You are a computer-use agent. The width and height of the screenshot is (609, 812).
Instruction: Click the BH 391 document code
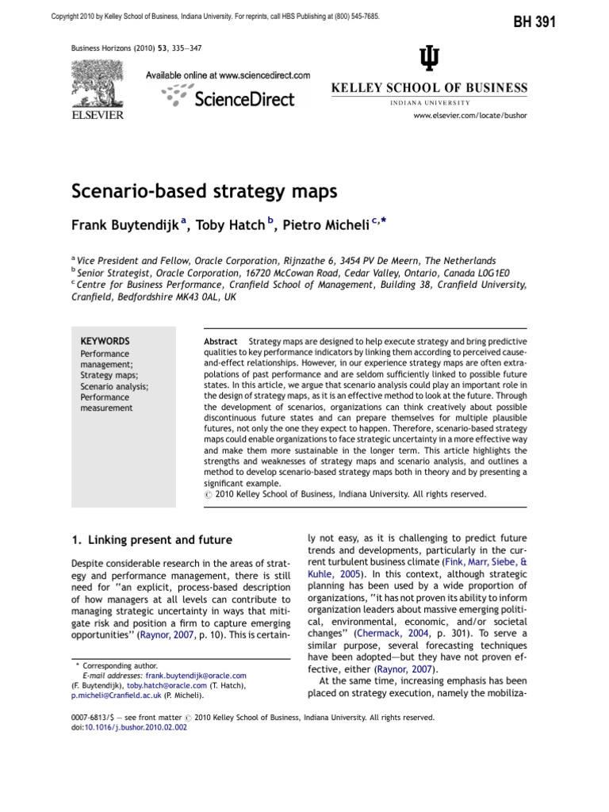click(x=535, y=23)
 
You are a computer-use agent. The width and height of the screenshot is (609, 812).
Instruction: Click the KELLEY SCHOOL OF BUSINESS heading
click(x=429, y=87)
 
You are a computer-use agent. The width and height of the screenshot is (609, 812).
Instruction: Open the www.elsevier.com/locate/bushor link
click(x=469, y=115)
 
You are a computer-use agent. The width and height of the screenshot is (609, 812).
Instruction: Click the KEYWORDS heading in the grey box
click(x=105, y=340)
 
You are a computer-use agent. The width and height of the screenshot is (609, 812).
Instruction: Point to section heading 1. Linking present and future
click(x=151, y=540)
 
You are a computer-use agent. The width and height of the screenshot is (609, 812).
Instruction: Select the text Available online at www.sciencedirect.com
click(x=228, y=75)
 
